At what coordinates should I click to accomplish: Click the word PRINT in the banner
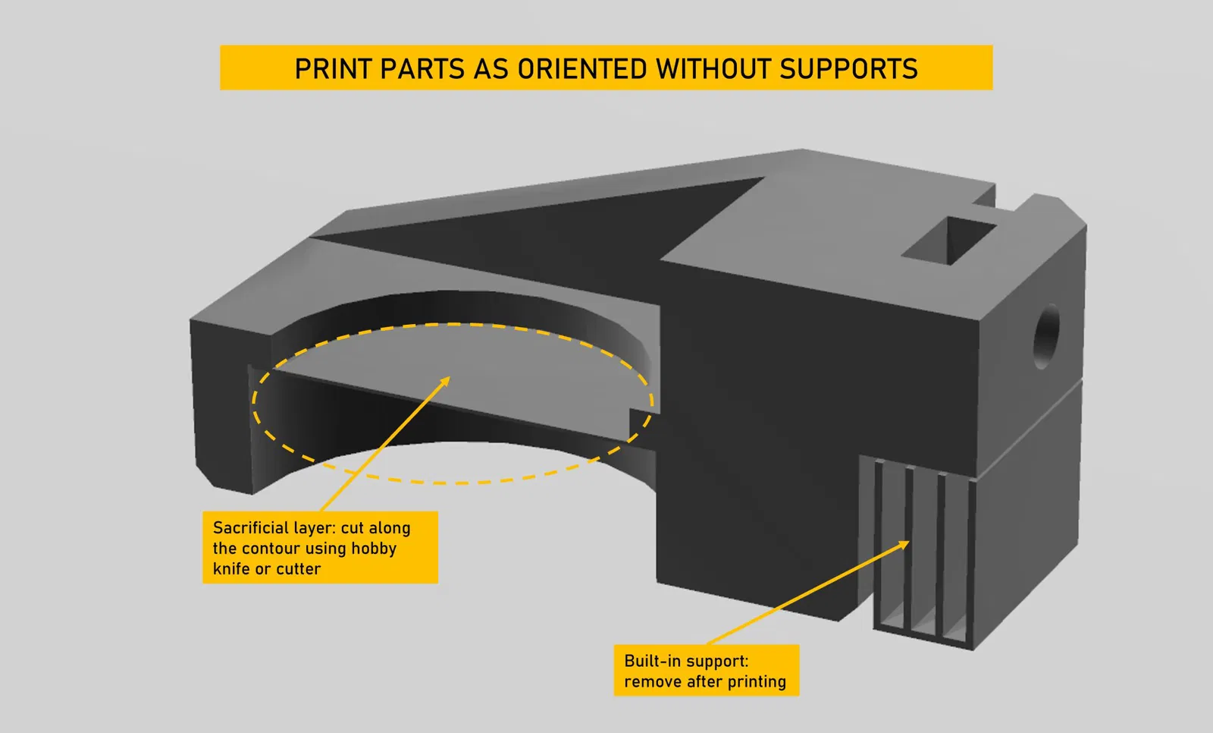[x=334, y=69]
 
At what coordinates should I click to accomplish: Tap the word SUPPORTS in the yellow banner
[x=848, y=69]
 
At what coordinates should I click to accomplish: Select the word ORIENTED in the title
[x=583, y=69]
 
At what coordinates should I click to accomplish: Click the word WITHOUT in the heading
[x=713, y=69]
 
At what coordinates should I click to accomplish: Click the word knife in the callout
[x=231, y=569]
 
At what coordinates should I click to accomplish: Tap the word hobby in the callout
[x=373, y=549]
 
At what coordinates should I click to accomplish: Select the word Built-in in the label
[x=651, y=661]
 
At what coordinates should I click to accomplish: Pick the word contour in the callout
[x=271, y=549]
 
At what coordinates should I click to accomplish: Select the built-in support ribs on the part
[x=923, y=554]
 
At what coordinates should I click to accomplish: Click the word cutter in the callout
[x=298, y=569]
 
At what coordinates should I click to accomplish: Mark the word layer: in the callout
[x=313, y=528]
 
